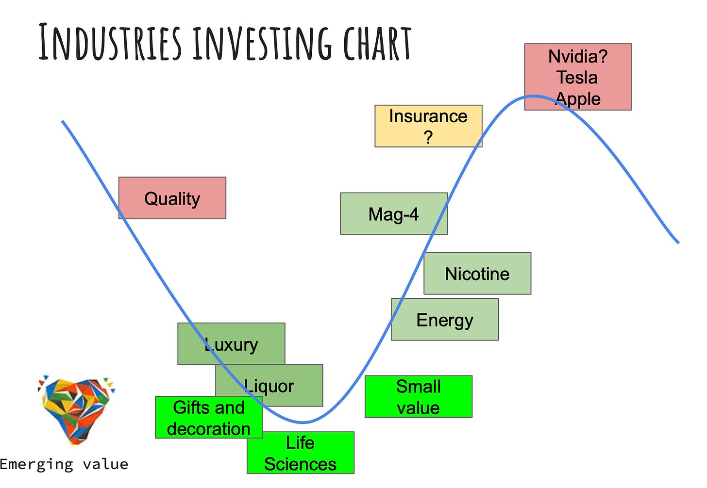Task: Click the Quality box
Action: [172, 198]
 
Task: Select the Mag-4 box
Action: [394, 214]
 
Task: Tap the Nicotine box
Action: [477, 274]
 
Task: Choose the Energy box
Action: [445, 320]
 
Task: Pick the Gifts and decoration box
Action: [209, 418]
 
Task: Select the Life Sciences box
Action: [301, 453]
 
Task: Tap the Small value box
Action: [419, 397]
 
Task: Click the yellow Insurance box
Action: [428, 126]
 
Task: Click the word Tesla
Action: [577, 78]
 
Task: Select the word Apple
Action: [578, 99]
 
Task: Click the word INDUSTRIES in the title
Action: [110, 43]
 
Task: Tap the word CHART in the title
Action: [377, 43]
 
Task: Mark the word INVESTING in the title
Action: [263, 43]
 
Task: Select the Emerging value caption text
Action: [64, 464]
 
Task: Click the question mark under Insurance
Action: [428, 137]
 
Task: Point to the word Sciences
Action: [300, 464]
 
